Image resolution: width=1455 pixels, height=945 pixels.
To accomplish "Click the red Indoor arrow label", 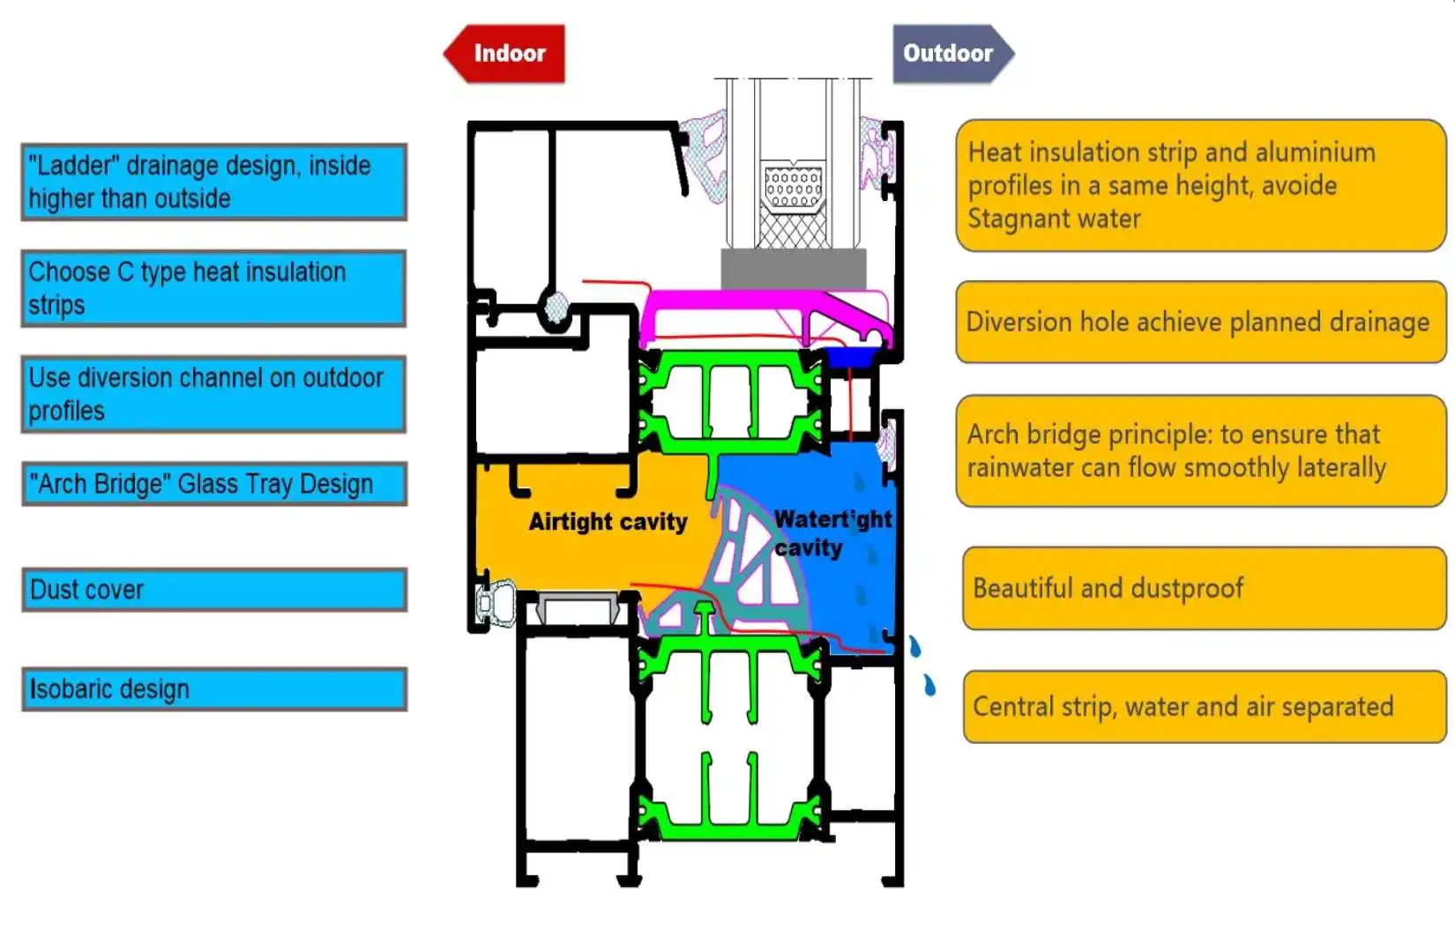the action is [x=504, y=54].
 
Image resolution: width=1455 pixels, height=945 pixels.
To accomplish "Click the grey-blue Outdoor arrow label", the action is [x=953, y=54].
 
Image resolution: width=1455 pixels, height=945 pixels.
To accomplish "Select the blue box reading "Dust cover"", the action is [x=214, y=590].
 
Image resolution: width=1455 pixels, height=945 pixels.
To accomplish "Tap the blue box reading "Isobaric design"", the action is [x=214, y=689].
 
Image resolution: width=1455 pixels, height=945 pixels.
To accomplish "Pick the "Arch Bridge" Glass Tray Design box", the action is [x=214, y=484].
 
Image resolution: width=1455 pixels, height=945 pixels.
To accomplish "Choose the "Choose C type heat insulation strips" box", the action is [x=214, y=288].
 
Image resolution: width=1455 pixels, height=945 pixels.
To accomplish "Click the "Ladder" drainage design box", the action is [x=214, y=182].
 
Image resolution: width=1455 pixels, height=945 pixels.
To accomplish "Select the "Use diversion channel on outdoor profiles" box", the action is [x=214, y=394].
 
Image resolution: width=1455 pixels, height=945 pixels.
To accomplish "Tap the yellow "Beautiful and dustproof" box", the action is [x=1205, y=589].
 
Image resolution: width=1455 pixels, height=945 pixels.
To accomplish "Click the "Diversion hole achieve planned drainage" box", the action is [x=1202, y=322].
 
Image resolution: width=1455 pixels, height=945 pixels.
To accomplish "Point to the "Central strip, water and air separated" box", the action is [x=1205, y=707].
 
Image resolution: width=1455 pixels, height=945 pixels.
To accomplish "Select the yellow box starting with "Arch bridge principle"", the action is [x=1202, y=450].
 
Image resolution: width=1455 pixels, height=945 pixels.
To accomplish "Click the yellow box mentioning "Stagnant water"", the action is [x=1202, y=186].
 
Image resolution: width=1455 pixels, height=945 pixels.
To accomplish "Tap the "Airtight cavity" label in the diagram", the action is [x=608, y=522].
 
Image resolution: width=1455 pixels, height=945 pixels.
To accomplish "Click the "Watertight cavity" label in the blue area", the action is [x=832, y=533].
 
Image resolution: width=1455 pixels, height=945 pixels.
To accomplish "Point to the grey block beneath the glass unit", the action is [x=794, y=270].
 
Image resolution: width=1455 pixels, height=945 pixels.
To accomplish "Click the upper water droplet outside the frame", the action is [x=914, y=646].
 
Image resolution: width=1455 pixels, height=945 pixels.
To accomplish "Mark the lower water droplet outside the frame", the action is [x=930, y=685].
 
